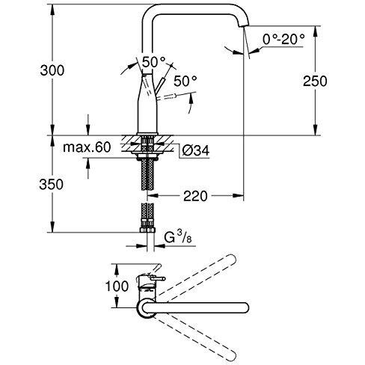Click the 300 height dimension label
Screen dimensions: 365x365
[x=52, y=70]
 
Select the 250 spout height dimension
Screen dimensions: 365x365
[x=315, y=82]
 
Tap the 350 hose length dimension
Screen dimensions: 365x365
[x=52, y=185]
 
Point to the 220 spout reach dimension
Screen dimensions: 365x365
[x=195, y=196]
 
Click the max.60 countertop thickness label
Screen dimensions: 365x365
[x=87, y=147]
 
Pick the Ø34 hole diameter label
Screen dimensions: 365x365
[x=196, y=150]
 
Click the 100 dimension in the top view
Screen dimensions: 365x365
[x=117, y=286]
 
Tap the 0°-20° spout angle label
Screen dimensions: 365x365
[x=283, y=39]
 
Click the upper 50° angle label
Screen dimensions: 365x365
[x=154, y=62]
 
